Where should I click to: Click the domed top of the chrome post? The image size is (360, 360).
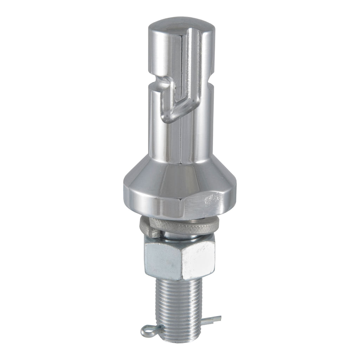point(180,23)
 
